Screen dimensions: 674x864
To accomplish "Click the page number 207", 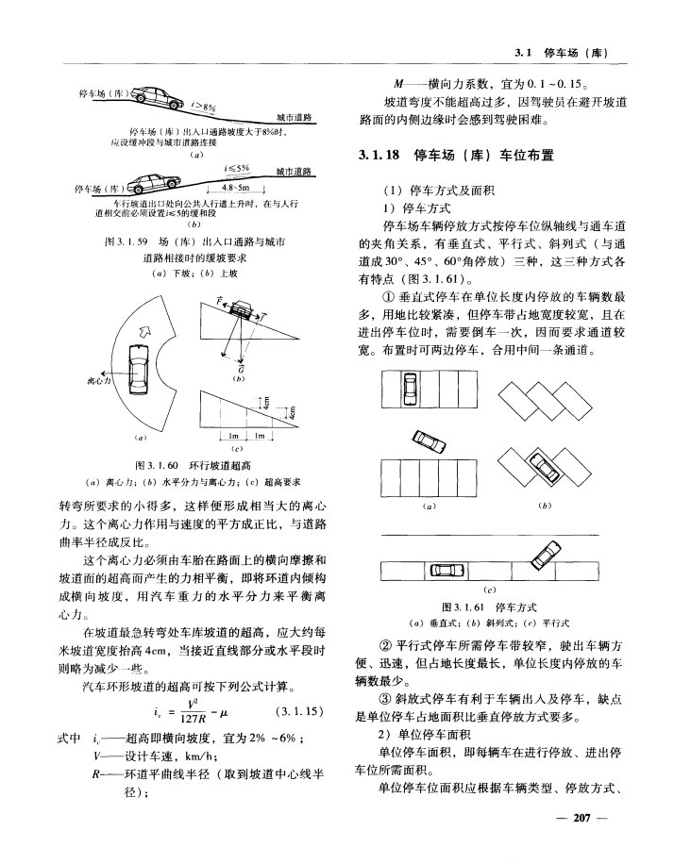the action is [581, 818].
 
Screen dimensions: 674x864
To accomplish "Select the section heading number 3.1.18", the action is [379, 156].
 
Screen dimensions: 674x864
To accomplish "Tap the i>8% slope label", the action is [203, 107].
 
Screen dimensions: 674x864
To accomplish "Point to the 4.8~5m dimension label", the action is [235, 188].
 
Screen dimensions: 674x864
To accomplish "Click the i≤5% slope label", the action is [236, 168].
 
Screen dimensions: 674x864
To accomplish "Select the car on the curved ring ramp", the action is [138, 369].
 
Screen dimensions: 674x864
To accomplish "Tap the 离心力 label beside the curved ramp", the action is [99, 380].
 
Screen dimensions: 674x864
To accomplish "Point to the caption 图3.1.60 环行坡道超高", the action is [194, 466].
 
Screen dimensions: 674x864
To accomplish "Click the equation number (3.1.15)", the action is [298, 711].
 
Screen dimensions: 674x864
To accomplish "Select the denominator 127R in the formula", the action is [193, 719].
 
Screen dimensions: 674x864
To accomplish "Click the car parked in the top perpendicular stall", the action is [410, 389].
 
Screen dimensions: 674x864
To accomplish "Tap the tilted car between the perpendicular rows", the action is [430, 441].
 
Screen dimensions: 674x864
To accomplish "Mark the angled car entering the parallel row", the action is [548, 556].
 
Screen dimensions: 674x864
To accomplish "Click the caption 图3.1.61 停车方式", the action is [489, 607].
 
